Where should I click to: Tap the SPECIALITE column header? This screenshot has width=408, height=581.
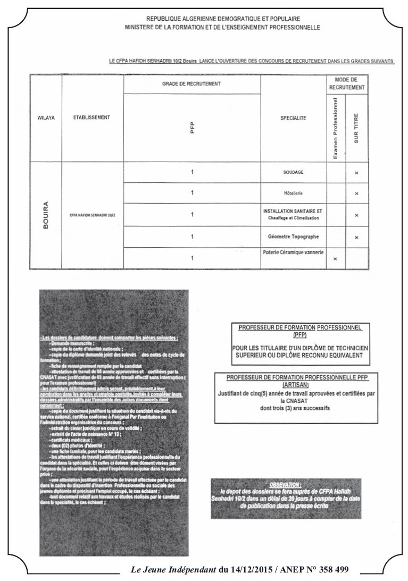[x=293, y=118]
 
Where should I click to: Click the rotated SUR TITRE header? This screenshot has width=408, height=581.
[x=356, y=129]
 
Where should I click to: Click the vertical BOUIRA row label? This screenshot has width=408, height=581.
[x=46, y=214]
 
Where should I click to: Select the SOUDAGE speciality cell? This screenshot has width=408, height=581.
[x=293, y=173]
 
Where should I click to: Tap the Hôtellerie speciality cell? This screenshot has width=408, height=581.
[x=293, y=193]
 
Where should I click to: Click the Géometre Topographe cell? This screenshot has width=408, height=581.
[x=293, y=235]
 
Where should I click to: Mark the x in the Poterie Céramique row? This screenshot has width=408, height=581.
[x=335, y=258]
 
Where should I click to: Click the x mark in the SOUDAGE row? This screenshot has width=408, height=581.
[x=356, y=173]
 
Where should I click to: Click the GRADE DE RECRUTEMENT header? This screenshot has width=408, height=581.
[x=191, y=84]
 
